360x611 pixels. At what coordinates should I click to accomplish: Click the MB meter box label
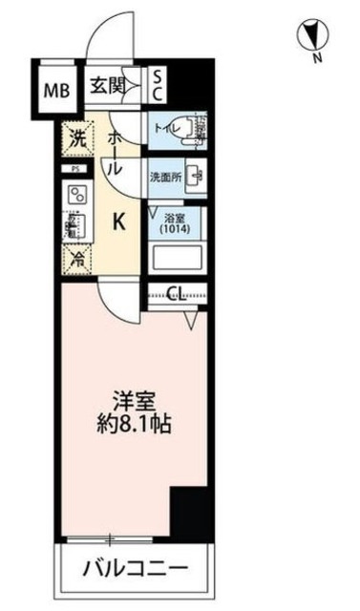55,92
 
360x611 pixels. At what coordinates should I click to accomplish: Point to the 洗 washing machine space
77,138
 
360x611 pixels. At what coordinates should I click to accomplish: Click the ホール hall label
112,152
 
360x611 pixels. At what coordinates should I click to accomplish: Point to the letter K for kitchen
120,222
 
